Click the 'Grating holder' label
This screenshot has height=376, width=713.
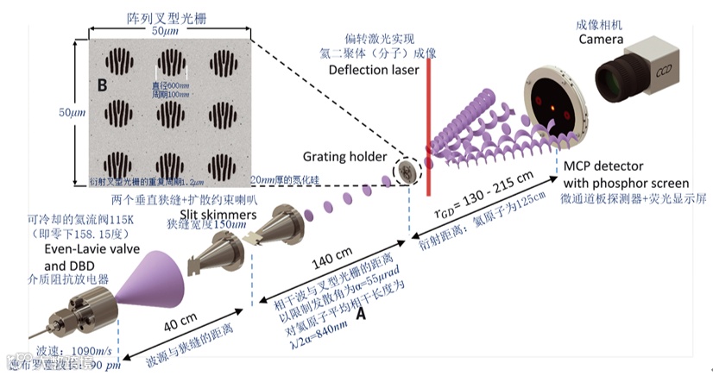click(341, 156)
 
